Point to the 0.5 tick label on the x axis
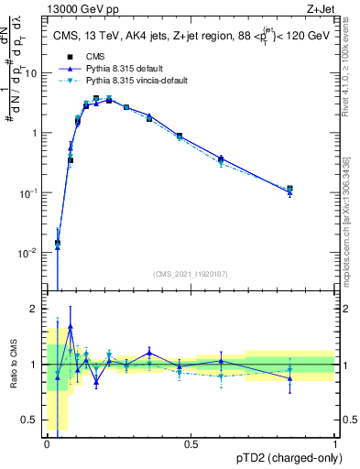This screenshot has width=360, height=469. coord(191,443)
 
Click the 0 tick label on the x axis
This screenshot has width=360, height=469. coord(47,443)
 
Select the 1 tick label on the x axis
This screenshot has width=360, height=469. coord(334,443)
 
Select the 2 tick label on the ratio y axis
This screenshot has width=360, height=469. coord(37,309)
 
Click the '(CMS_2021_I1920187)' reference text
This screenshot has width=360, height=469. coord(191,272)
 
